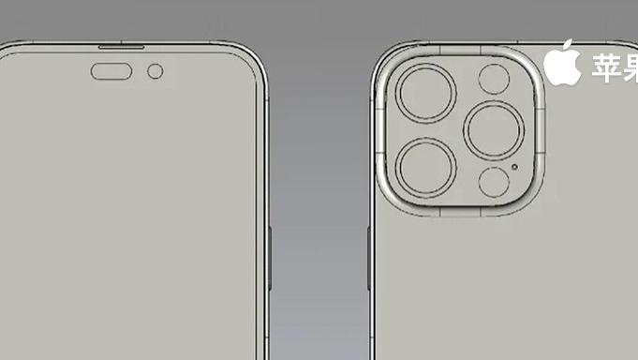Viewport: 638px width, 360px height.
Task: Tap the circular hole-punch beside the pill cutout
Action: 156,71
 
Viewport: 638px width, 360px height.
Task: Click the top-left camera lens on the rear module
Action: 425,94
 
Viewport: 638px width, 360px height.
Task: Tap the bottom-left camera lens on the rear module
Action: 425,167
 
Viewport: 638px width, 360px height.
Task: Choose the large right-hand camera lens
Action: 493,130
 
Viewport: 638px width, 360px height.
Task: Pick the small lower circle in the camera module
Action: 493,181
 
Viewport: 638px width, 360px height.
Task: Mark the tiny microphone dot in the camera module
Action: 515,169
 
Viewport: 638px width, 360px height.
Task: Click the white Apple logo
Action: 562,65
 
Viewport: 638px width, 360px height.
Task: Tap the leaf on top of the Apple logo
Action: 568,45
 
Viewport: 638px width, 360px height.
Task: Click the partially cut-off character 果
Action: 631,67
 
